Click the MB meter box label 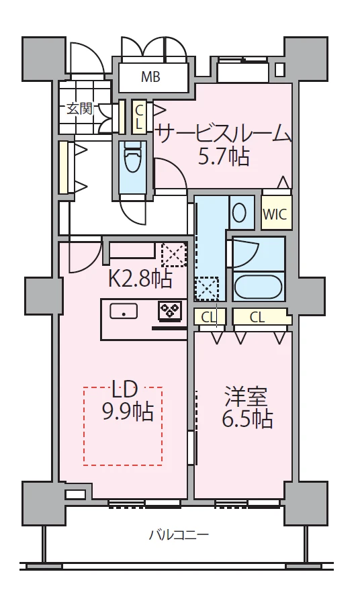point(150,77)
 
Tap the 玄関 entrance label point(79,109)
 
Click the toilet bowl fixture point(132,158)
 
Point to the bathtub point(258,288)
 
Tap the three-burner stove point(170,310)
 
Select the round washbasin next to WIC point(240,214)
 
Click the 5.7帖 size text point(223,156)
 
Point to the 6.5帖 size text point(247,420)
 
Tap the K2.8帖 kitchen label point(140,280)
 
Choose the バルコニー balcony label point(179,534)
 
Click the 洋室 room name point(246,397)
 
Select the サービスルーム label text point(224,134)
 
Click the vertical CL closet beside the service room point(139,117)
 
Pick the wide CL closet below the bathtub point(261,318)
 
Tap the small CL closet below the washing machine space point(210,318)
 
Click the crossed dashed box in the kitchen point(174,254)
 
